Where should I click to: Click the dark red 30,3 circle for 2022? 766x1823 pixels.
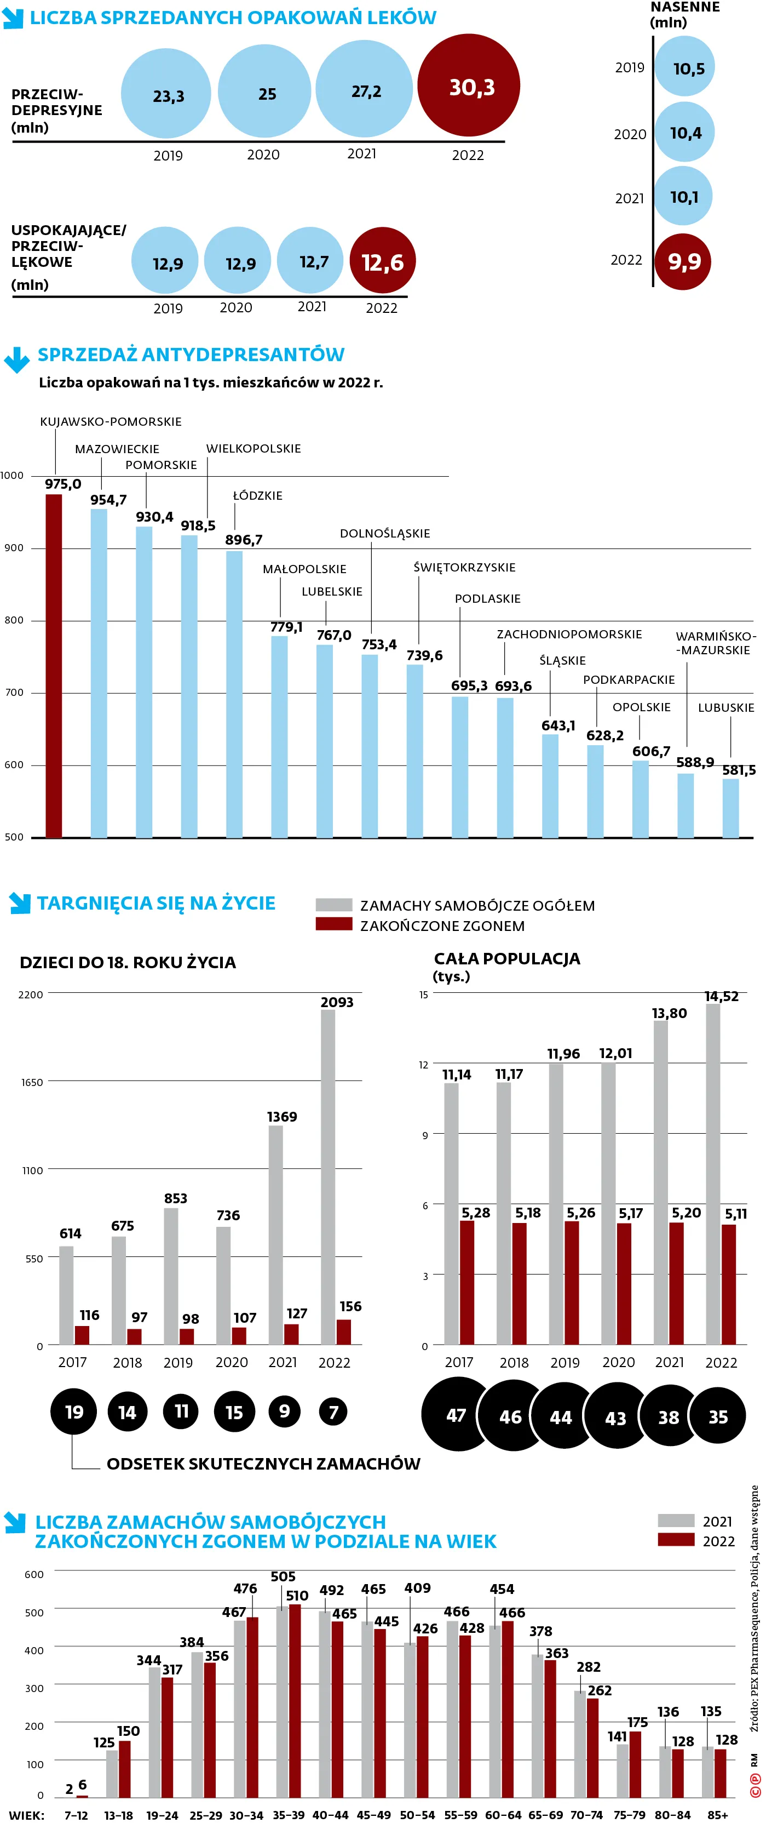[468, 85]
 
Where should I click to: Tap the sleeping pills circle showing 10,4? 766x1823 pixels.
[684, 133]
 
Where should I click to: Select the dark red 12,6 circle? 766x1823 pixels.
[382, 261]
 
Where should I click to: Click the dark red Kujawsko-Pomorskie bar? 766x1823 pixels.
[54, 665]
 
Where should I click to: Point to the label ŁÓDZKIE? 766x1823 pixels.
[257, 496]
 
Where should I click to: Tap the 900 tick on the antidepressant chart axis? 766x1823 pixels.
[14, 548]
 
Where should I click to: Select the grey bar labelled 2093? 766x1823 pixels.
[327, 1175]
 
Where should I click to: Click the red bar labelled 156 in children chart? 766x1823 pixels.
[344, 1332]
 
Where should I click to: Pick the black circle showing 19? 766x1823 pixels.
[73, 1412]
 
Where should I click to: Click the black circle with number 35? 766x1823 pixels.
[717, 1417]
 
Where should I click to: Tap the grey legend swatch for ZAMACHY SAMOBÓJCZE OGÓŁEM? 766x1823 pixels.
[333, 905]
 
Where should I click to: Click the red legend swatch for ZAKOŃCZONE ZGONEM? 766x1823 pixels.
[333, 924]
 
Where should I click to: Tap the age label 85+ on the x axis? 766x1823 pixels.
[717, 1815]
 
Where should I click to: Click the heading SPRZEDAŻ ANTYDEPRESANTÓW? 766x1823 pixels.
[191, 355]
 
